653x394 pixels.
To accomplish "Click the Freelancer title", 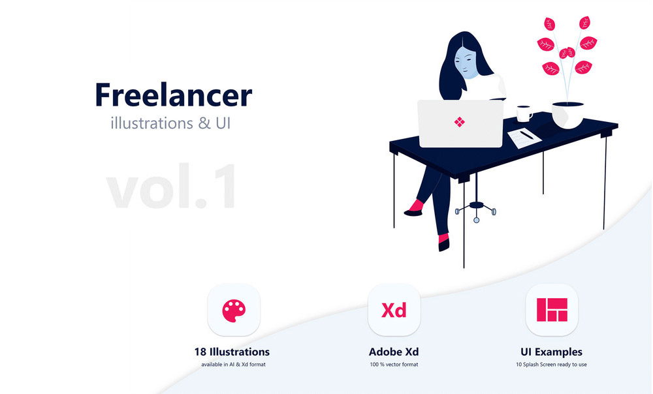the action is (173, 95).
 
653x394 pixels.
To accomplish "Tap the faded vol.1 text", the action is (172, 186).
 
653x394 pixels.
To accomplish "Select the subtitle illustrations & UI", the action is (170, 123).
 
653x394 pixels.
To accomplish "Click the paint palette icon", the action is (234, 311).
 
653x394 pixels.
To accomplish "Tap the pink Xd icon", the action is (394, 311).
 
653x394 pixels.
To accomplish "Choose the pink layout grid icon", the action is (552, 310).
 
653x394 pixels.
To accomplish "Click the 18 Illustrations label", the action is (232, 352).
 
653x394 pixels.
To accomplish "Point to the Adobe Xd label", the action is (394, 352).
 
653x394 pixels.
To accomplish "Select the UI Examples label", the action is (551, 352).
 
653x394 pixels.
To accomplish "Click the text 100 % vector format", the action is (394, 365).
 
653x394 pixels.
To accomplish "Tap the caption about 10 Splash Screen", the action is (551, 365).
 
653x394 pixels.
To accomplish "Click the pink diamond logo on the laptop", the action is (459, 122).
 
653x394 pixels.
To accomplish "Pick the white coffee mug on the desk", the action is (524, 114).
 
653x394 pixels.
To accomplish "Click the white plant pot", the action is (567, 115).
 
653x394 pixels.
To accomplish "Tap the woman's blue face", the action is (466, 63).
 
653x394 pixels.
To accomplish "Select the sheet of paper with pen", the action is (524, 138).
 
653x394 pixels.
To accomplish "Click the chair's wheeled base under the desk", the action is (476, 210).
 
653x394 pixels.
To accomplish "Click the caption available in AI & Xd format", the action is (233, 365).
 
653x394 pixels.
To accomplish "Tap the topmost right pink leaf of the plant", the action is (585, 22).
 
